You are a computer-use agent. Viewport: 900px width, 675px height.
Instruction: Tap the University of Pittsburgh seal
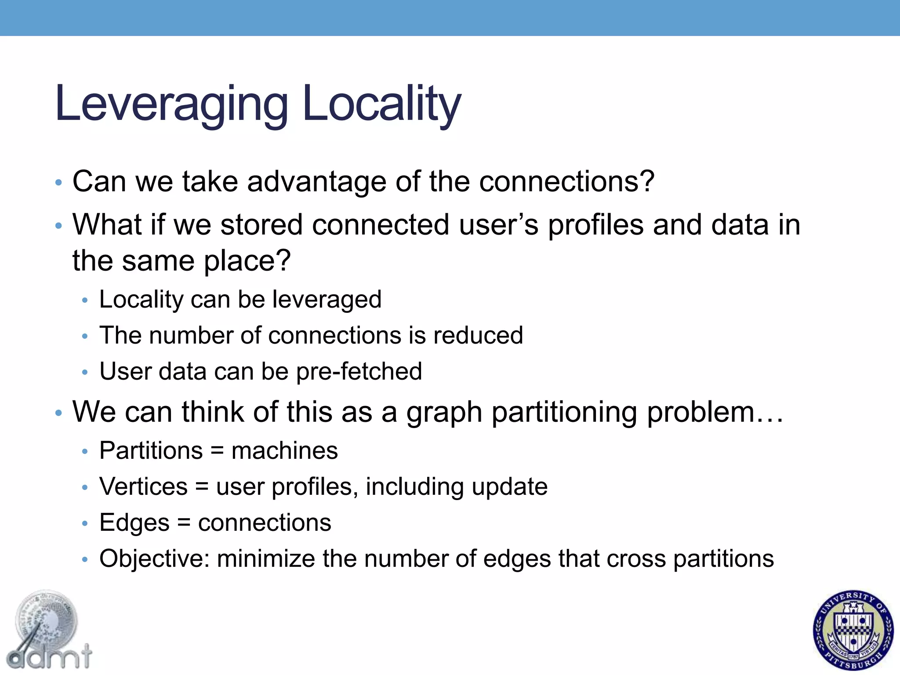pos(853,630)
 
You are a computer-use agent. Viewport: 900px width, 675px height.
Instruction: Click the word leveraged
pos(327,300)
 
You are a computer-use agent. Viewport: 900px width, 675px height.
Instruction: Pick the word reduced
pos(478,335)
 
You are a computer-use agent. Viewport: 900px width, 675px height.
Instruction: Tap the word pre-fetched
pos(359,372)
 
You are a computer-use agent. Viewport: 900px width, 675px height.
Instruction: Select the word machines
pos(284,451)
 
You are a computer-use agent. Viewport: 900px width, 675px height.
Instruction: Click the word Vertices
pos(144,487)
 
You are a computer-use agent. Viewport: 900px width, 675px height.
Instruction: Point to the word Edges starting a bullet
pos(134,523)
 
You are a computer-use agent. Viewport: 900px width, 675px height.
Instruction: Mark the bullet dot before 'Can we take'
pos(58,182)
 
